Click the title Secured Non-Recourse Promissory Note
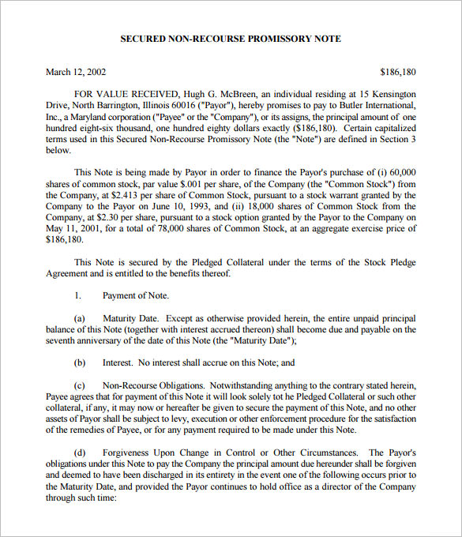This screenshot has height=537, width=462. click(x=231, y=38)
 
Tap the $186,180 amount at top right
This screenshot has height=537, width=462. click(x=397, y=72)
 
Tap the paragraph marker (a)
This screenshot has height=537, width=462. click(x=80, y=317)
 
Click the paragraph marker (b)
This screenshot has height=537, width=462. click(x=80, y=362)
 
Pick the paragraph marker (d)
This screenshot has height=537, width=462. click(x=80, y=453)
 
